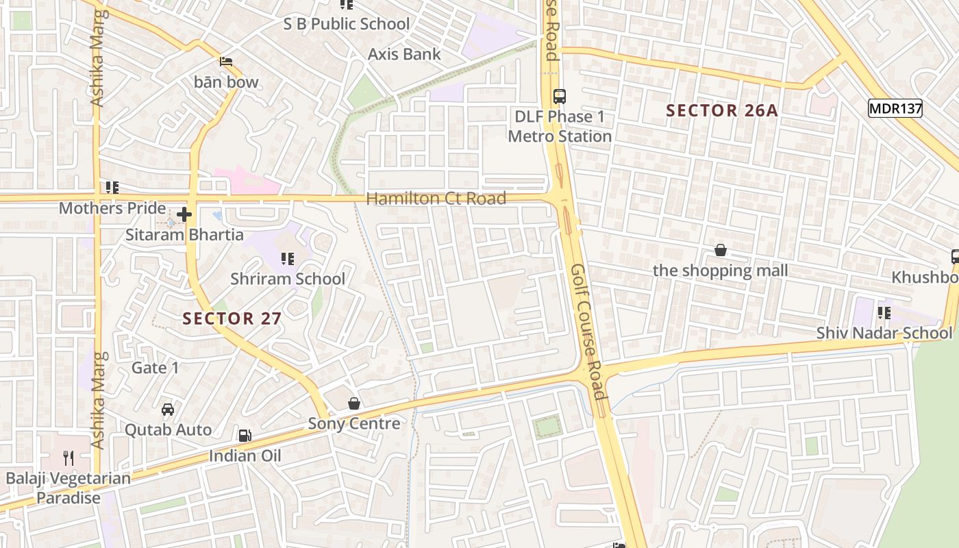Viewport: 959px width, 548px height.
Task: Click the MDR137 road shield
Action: pyautogui.click(x=895, y=108)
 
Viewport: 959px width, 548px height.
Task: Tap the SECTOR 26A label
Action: pyautogui.click(x=722, y=110)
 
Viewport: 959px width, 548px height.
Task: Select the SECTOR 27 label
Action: pyautogui.click(x=232, y=319)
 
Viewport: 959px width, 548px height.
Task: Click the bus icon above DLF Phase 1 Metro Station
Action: pyautogui.click(x=560, y=96)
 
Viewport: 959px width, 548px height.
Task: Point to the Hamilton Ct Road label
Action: pyautogui.click(x=436, y=199)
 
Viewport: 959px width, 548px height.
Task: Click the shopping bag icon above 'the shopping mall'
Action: pyautogui.click(x=720, y=250)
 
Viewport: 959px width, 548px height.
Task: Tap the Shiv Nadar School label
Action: pyautogui.click(x=884, y=333)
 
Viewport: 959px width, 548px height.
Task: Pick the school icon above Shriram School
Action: pyautogui.click(x=288, y=259)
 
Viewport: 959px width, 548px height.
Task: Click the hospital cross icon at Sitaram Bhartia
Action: pyautogui.click(x=184, y=215)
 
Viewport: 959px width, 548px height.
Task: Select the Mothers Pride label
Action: pyautogui.click(x=112, y=208)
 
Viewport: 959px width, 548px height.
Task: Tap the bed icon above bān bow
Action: pyautogui.click(x=226, y=62)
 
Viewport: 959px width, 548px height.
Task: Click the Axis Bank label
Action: pyautogui.click(x=404, y=54)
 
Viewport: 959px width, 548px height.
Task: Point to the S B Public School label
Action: pyautogui.click(x=347, y=24)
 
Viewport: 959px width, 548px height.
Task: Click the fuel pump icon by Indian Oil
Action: pyautogui.click(x=245, y=436)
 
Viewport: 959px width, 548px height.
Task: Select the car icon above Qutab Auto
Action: pyautogui.click(x=168, y=410)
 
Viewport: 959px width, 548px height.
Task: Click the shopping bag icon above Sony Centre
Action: pyautogui.click(x=354, y=403)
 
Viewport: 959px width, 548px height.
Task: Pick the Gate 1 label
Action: pyautogui.click(x=155, y=368)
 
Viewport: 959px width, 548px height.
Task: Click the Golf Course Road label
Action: pyautogui.click(x=588, y=332)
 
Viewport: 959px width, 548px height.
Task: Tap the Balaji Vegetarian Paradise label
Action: pyautogui.click(x=68, y=488)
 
